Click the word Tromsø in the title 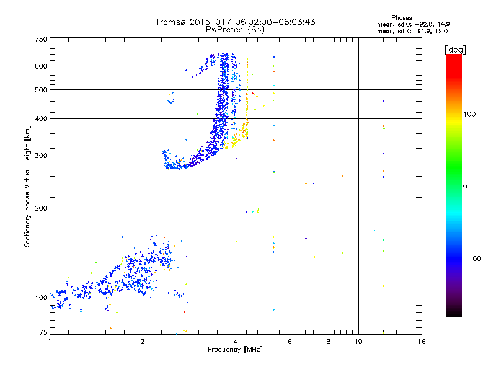pyautogui.click(x=170, y=22)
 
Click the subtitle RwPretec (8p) pyautogui.click(x=236, y=29)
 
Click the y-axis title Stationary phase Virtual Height pyautogui.click(x=27, y=186)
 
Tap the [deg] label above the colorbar pyautogui.click(x=455, y=49)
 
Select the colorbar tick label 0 pyautogui.click(x=466, y=186)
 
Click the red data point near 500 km pyautogui.click(x=319, y=86)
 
